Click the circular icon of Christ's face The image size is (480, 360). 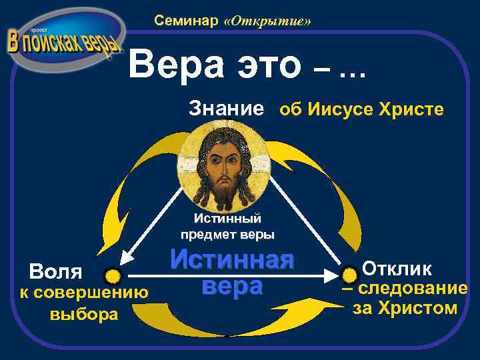click(x=224, y=166)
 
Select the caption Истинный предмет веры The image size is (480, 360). click(x=227, y=226)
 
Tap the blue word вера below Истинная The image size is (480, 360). click(x=231, y=286)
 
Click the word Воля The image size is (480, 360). click(x=55, y=272)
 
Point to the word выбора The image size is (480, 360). click(x=85, y=313)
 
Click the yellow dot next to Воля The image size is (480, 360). click(x=114, y=275)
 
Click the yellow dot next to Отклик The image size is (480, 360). click(x=350, y=273)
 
